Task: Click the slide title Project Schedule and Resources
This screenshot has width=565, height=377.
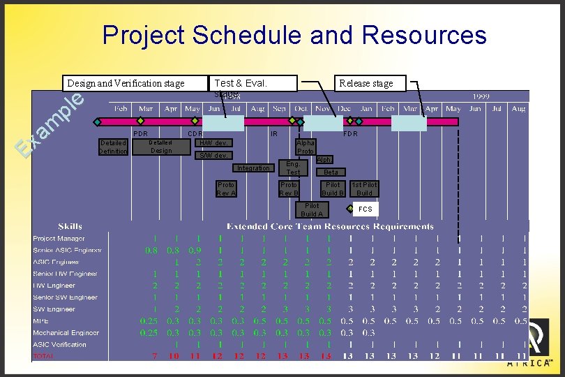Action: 294,35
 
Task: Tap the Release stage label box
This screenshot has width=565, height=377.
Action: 366,84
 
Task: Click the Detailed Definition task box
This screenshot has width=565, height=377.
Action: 113,147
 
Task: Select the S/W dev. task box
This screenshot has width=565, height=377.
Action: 213,155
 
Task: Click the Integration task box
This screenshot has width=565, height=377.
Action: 253,168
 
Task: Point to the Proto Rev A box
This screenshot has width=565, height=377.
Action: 226,189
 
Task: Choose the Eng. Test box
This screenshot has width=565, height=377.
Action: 293,168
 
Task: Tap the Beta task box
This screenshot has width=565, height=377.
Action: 331,172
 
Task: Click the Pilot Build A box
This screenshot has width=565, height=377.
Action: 311,210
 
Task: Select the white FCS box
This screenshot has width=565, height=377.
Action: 365,209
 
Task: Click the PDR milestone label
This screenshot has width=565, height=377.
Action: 140,133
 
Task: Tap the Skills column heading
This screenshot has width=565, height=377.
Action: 70,226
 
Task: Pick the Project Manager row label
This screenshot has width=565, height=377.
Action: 59,239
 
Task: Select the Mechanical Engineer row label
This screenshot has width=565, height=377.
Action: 66,333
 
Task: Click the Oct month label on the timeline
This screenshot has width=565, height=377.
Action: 301,109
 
